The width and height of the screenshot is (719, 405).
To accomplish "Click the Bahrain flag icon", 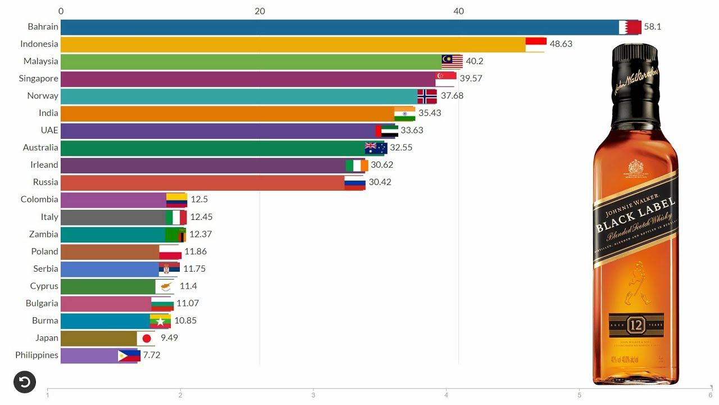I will tap(630, 27).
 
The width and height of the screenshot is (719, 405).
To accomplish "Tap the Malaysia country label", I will tap(40, 61).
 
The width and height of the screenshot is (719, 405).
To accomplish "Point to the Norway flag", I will tap(427, 96).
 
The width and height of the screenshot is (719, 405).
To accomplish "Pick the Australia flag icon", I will tap(376, 148).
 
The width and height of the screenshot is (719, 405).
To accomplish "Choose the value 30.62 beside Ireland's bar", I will tap(381, 165).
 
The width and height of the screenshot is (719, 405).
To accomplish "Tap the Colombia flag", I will tap(176, 200).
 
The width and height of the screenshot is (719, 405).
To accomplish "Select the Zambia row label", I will tap(43, 234).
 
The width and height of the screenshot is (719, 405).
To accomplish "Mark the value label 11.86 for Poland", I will tap(197, 251).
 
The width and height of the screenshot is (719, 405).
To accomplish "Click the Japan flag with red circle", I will tap(146, 338).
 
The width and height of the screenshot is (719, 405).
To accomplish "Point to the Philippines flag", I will tap(129, 355).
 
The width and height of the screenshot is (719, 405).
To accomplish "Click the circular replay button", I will tap(25, 382).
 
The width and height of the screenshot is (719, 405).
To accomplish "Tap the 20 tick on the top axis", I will tap(260, 11).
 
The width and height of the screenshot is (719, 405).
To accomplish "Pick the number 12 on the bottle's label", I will tap(635, 325).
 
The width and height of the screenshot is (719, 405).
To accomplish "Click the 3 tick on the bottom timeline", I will tap(313, 395).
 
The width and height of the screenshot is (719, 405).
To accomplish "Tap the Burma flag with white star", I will tap(160, 321).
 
